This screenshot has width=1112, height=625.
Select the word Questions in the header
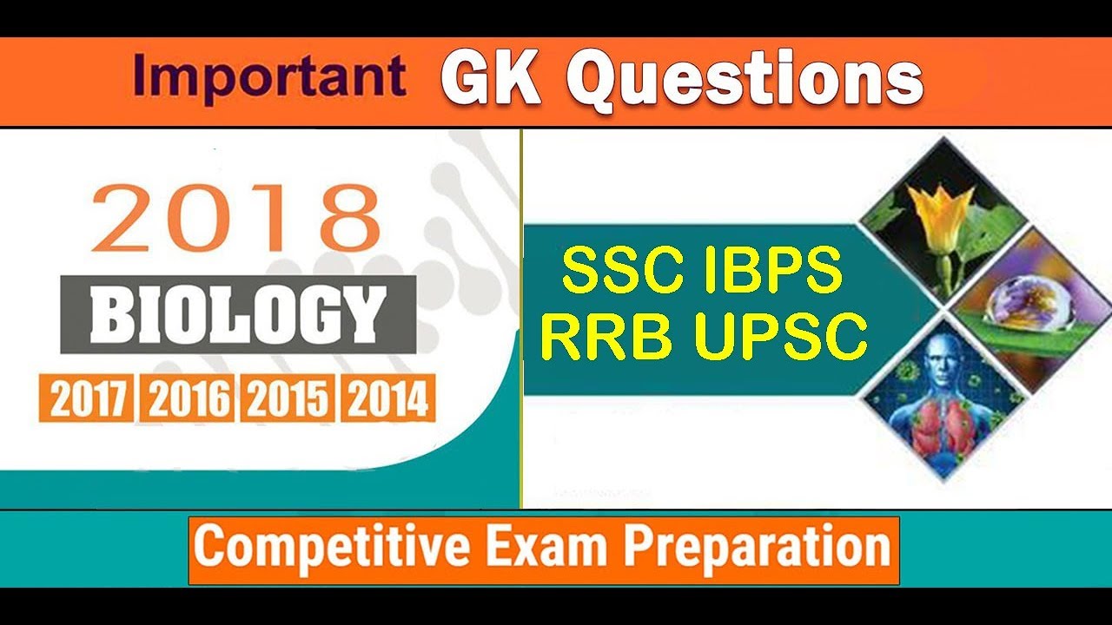tap(744, 81)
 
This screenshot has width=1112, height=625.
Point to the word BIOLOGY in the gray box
tap(238, 314)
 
